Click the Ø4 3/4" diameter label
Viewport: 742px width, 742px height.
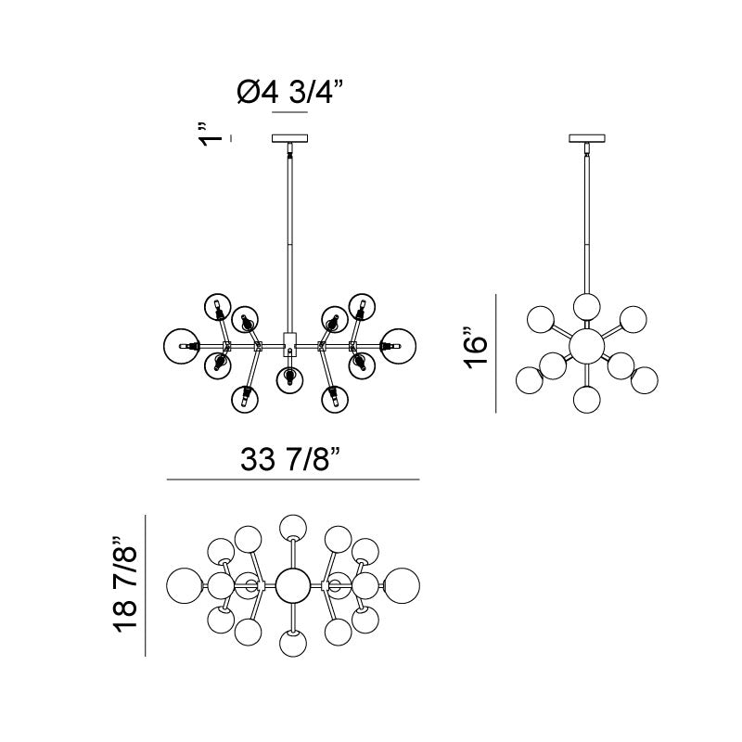coord(289,92)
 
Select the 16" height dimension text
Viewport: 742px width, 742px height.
coord(475,348)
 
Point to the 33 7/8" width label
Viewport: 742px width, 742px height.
coord(290,458)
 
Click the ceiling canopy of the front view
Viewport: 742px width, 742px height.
coord(290,138)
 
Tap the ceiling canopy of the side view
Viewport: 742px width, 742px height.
coord(587,138)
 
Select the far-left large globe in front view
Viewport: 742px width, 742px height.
coord(181,346)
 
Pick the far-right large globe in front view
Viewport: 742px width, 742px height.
coord(399,346)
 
